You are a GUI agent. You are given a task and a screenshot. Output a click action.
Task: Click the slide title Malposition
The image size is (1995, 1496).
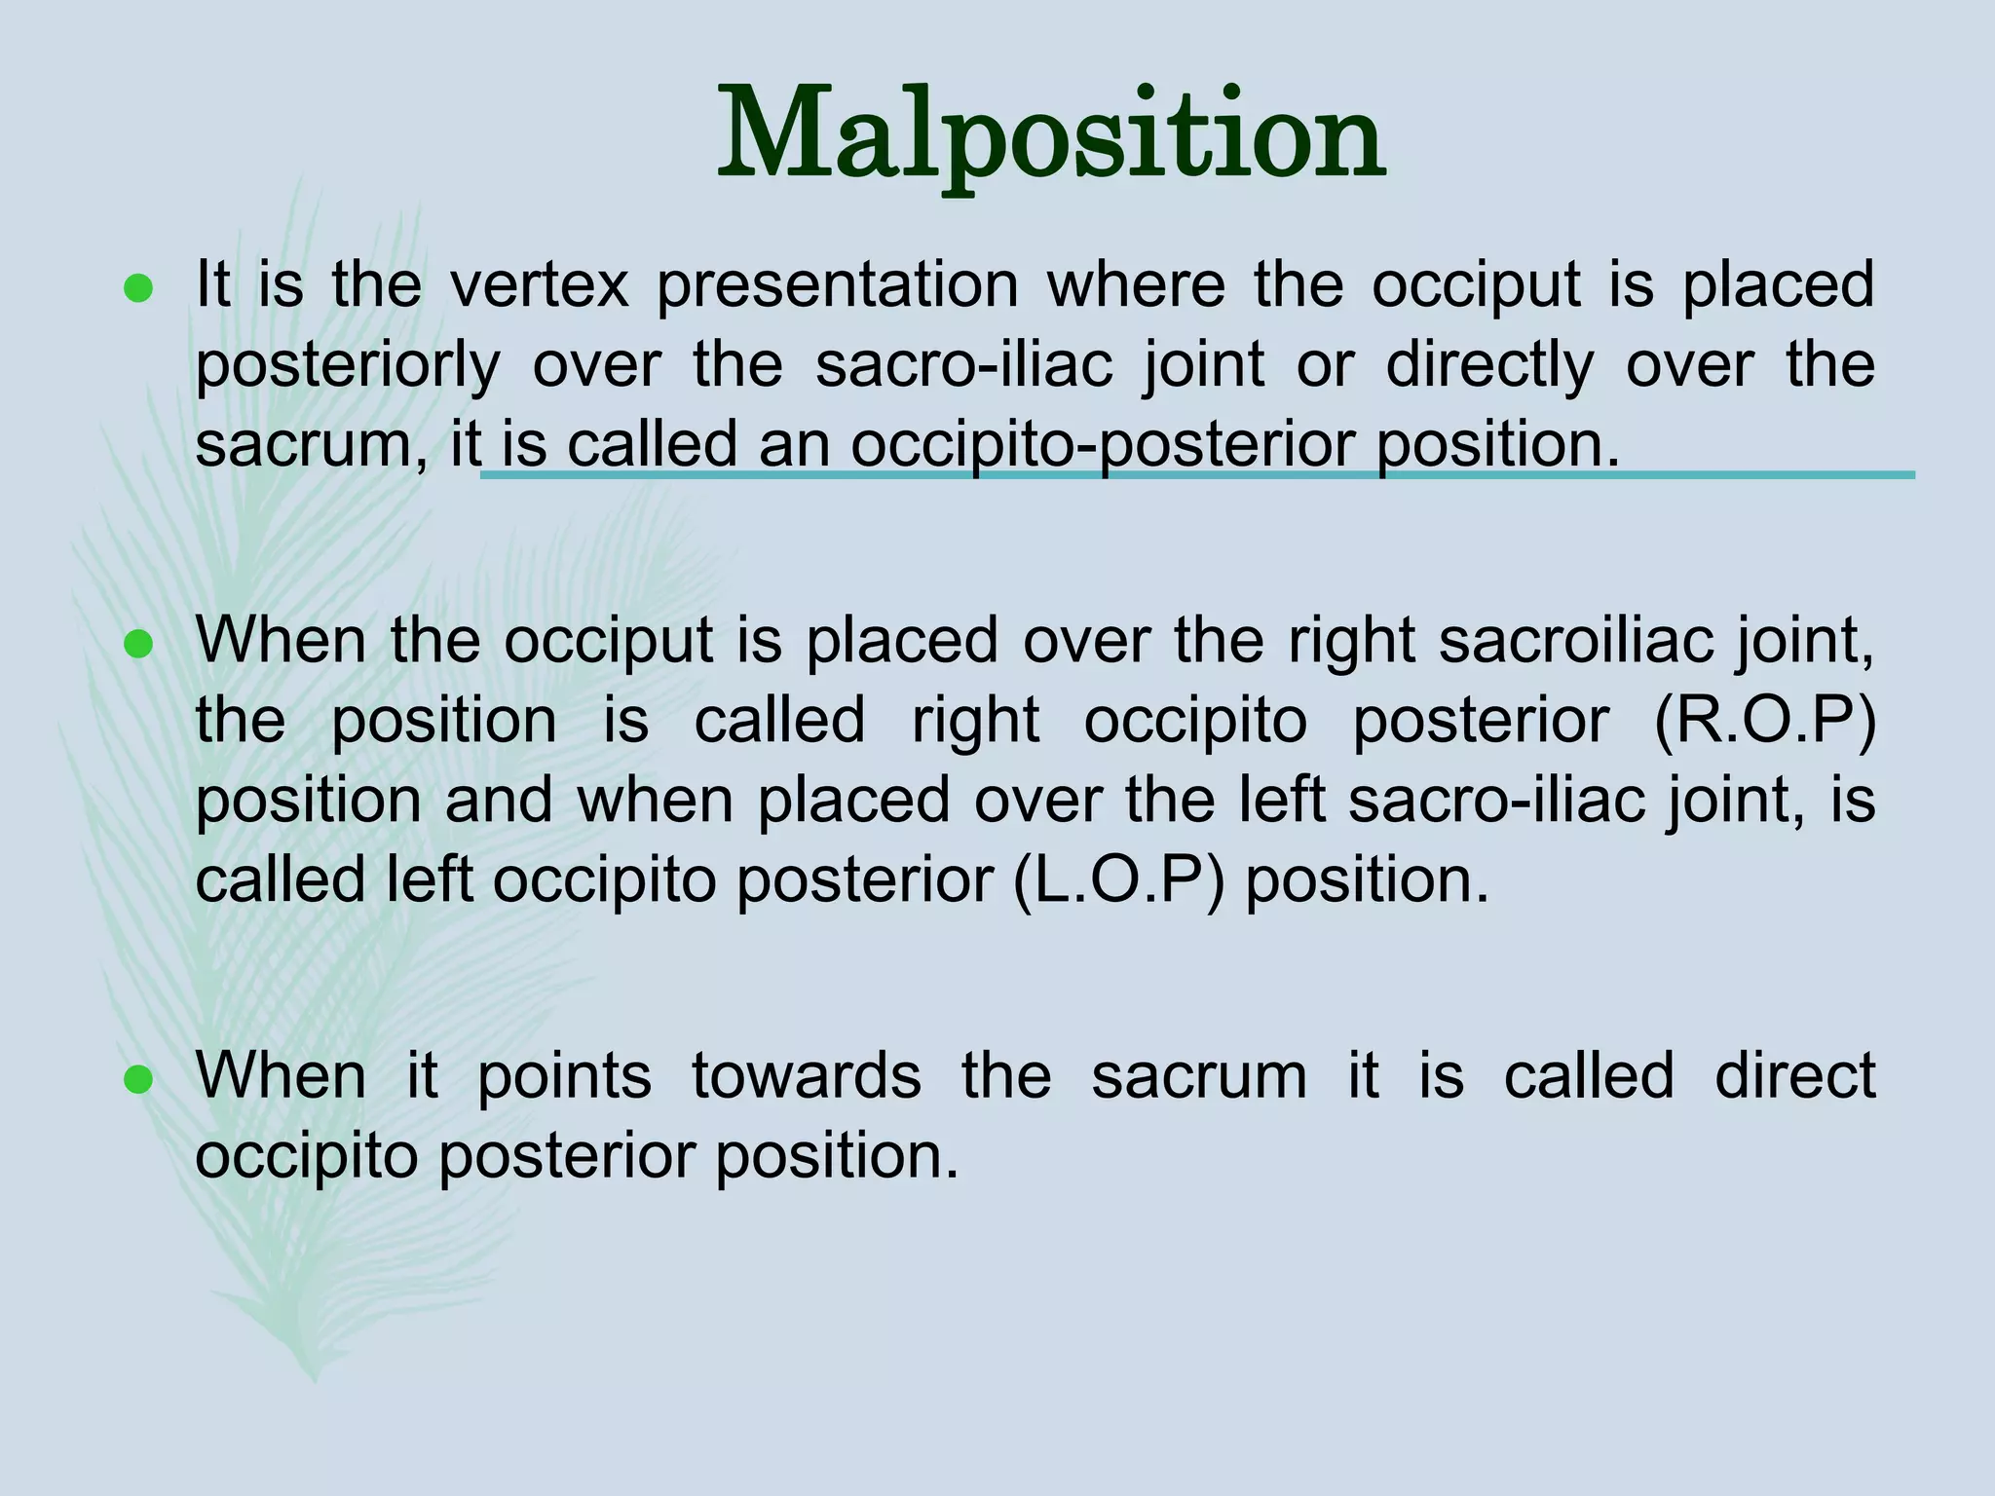point(1051,136)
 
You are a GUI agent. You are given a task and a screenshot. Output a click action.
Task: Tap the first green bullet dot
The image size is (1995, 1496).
point(138,288)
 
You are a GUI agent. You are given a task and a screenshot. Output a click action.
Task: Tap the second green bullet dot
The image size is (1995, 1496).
point(138,645)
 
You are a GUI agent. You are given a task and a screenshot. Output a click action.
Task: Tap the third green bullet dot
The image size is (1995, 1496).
point(138,1079)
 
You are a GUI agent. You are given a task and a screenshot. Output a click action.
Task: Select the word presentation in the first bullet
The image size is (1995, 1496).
point(838,286)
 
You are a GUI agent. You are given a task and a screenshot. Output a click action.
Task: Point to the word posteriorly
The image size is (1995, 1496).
point(348,366)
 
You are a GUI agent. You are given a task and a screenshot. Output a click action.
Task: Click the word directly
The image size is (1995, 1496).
point(1489,366)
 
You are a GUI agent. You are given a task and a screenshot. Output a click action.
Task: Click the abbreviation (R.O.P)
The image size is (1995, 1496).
point(1764,722)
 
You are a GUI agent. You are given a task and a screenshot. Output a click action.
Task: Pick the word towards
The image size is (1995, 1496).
point(806,1076)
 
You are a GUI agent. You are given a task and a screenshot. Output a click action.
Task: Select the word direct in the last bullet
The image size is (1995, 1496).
point(1794,1075)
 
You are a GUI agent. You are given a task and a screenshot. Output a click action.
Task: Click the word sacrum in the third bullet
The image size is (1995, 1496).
point(1198,1076)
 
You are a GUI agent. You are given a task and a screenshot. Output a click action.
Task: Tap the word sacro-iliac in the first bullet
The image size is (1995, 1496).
point(963,364)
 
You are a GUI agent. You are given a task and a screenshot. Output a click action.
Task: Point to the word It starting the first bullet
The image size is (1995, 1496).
point(212,284)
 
